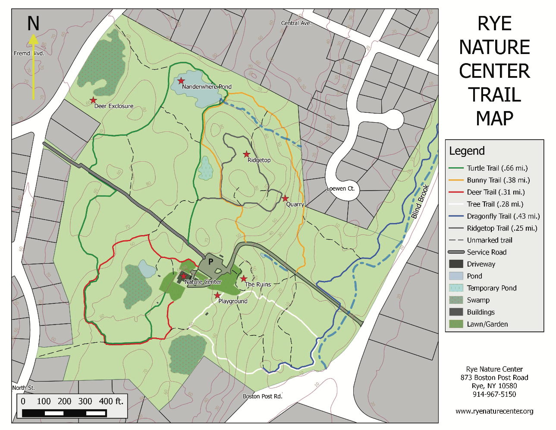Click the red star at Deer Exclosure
(x=93, y=100)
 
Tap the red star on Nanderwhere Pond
(x=181, y=81)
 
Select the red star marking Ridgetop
(x=246, y=154)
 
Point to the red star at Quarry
(x=285, y=198)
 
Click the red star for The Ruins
(x=244, y=279)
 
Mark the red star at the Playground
(x=217, y=296)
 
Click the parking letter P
(x=211, y=261)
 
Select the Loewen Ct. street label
(x=340, y=188)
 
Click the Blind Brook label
(x=420, y=201)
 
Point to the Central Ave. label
(x=296, y=23)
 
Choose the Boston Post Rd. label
(x=262, y=396)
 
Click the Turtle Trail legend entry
(x=497, y=168)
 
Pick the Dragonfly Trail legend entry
(x=503, y=216)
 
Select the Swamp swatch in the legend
(x=456, y=300)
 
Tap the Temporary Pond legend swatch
(x=456, y=288)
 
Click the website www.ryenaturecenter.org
(x=494, y=411)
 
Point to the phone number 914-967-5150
(x=494, y=394)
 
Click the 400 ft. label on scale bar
(x=111, y=401)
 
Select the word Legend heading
(x=467, y=151)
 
